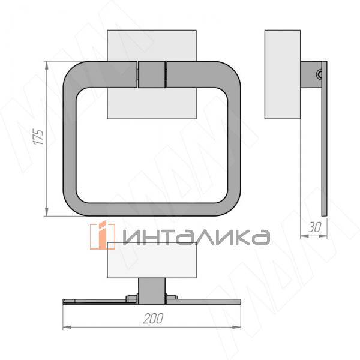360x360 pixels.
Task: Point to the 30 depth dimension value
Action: point(314,228)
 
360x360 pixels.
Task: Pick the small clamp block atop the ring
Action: point(151,74)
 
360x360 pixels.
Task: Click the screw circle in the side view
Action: point(320,74)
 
